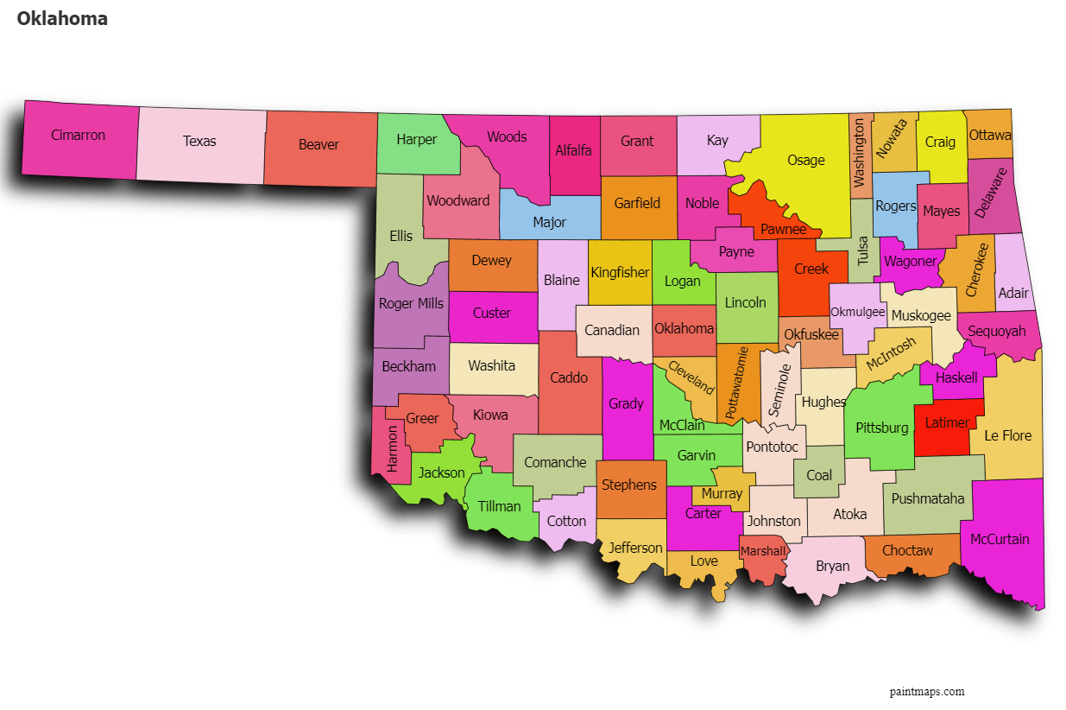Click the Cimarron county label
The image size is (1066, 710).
[78, 136]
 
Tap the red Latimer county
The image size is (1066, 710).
[947, 423]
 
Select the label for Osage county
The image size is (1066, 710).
[805, 160]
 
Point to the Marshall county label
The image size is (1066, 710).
[762, 551]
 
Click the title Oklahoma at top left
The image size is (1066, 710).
[62, 18]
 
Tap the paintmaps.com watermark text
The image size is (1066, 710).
[926, 691]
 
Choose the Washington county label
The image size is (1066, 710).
[859, 153]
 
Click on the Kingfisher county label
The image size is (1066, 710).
[619, 272]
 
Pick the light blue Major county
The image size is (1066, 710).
[549, 222]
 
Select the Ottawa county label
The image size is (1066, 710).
[989, 135]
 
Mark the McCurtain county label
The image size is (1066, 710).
[1000, 539]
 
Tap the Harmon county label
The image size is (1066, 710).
[394, 447]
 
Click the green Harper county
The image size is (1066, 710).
[416, 139]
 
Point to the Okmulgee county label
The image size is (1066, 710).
[857, 312]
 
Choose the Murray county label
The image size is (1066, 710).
[722, 493]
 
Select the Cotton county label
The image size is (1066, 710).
[566, 521]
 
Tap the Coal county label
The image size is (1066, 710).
[819, 475]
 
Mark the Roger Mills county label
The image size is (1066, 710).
[411, 303]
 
